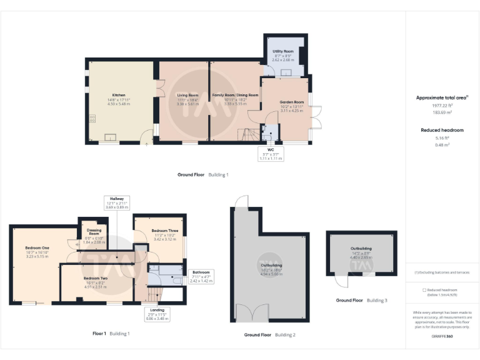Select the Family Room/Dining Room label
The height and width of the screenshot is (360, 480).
coord(235,95)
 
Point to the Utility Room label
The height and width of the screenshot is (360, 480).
coord(283,51)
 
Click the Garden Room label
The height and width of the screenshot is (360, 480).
coord(291,102)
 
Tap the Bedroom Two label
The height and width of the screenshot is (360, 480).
coord(96,277)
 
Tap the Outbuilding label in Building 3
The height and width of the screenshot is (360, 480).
coord(361,248)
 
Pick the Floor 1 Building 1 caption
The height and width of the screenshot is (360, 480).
coord(110,334)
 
